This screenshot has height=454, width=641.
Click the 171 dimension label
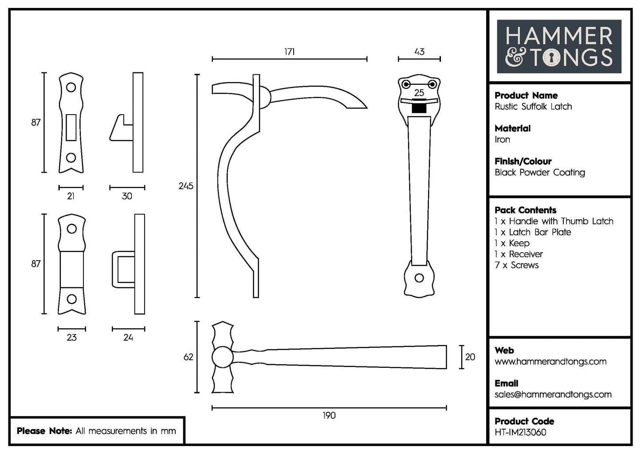(289, 52)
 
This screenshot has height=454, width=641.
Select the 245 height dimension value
(186, 186)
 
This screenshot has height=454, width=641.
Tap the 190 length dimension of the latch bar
(329, 416)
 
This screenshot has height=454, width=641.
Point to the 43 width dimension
(419, 52)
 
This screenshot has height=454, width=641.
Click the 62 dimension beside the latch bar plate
(188, 357)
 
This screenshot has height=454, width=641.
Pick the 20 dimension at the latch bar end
(470, 357)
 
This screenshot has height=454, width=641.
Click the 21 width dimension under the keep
(71, 196)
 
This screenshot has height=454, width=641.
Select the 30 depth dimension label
(127, 196)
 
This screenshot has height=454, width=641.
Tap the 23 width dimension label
(71, 338)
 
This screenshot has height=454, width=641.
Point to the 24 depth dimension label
(128, 338)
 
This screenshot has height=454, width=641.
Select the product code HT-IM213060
(520, 432)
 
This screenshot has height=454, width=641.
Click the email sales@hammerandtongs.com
(553, 394)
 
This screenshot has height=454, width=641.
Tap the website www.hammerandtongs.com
(550, 362)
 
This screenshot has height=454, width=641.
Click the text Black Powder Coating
(540, 172)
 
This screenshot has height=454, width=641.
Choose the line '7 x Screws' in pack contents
(516, 265)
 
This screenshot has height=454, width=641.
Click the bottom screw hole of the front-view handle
(419, 278)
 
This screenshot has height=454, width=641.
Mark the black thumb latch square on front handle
(419, 108)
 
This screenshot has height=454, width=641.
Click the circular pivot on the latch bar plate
(222, 357)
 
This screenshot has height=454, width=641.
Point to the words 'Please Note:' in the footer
(44, 431)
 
